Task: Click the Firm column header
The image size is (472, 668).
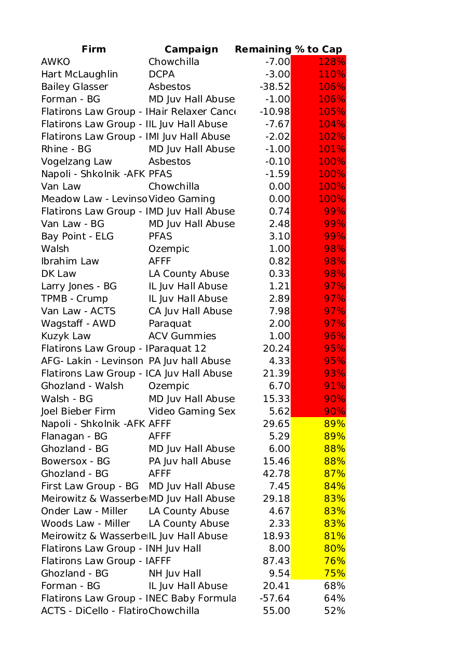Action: coord(93,49)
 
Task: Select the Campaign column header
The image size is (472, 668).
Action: coord(191,49)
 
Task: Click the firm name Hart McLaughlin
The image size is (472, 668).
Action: coord(79,74)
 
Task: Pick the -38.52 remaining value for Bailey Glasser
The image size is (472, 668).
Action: coord(275,87)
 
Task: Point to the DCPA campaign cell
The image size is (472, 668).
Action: coord(161,74)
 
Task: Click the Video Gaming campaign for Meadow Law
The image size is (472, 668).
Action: coord(182,199)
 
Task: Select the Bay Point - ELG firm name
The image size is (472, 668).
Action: coord(77,236)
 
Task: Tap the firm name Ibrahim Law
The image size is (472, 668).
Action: coord(70,261)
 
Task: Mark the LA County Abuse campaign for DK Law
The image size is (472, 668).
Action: coord(188,274)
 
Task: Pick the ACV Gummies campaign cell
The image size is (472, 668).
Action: coord(182,336)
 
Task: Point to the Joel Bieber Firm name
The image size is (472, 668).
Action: coord(78,411)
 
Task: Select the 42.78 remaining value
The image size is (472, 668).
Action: coord(276,474)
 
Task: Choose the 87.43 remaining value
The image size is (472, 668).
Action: coord(276,561)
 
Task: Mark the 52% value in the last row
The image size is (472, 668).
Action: coord(334,611)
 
